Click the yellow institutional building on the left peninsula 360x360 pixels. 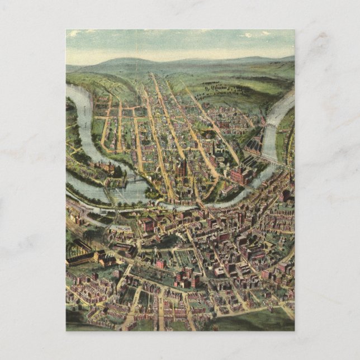[105, 167]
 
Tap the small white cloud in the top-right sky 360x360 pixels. [247, 35]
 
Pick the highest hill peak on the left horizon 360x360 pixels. [126, 60]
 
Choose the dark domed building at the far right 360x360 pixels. [286, 195]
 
